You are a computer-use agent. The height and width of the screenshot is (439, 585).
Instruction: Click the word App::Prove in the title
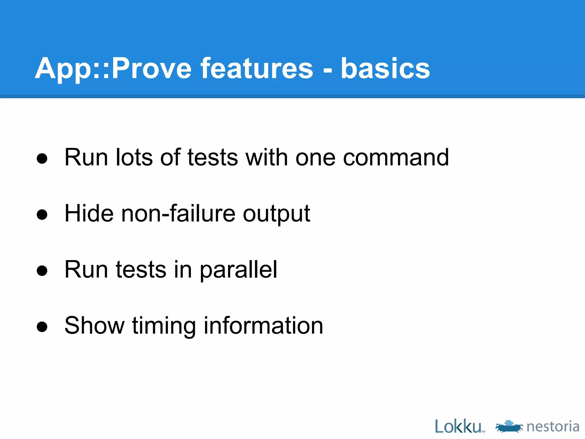point(113,69)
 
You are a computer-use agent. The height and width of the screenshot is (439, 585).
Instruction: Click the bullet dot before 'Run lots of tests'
point(42,159)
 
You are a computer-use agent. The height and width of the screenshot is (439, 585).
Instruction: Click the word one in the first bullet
point(315,158)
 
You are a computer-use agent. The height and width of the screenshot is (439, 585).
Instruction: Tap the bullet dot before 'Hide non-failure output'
point(42,215)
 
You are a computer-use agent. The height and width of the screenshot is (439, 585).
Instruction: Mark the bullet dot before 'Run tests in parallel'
point(42,271)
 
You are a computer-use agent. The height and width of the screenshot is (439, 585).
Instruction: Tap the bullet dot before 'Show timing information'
point(42,327)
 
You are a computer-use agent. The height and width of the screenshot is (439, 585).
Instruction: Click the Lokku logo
point(459,426)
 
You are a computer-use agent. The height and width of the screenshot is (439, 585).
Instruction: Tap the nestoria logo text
point(553,426)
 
